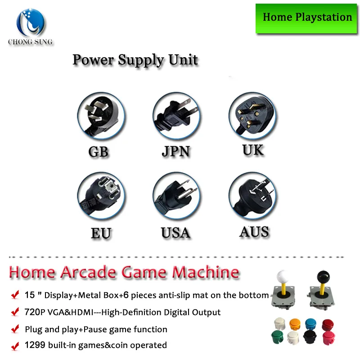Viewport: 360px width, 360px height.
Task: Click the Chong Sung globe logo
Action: pos(31,22)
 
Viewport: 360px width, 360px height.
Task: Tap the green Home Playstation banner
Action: pos(306,19)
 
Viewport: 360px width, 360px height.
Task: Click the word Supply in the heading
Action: pos(140,60)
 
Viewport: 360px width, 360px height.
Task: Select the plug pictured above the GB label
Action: pos(101,116)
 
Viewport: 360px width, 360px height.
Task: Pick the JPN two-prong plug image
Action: pos(176,116)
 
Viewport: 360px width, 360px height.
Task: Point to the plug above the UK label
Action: pos(252,116)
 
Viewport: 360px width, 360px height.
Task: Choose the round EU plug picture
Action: pos(101,195)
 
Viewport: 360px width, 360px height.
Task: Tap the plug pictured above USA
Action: pos(176,195)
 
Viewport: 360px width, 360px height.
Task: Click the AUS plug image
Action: pos(252,195)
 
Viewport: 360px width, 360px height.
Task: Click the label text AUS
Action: pos(254,232)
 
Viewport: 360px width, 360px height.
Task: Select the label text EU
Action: pos(101,233)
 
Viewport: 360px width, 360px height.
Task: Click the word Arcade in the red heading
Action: pos(89,272)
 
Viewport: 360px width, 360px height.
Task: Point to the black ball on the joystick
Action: pos(323,277)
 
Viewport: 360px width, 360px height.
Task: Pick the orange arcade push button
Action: pos(295,324)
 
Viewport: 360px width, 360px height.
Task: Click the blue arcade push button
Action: pos(310,324)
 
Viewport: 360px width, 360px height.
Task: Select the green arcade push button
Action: pos(277,337)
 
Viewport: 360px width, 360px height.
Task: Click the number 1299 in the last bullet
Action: pos(35,345)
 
